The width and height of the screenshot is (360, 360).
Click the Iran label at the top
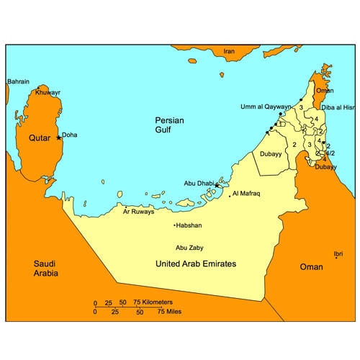click(229, 51)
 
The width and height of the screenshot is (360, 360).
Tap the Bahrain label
click(18, 81)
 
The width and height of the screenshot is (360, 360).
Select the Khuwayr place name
click(48, 93)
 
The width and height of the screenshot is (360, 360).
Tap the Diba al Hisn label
click(339, 107)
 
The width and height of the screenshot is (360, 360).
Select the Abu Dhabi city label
click(199, 184)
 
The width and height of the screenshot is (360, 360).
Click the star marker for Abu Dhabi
click(217, 185)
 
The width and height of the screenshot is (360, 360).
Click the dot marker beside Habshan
click(174, 225)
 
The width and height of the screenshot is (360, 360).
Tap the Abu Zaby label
click(190, 247)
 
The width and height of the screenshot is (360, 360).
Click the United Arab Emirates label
click(196, 264)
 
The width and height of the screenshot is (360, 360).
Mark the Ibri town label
click(338, 253)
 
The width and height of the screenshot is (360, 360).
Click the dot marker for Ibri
click(335, 259)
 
